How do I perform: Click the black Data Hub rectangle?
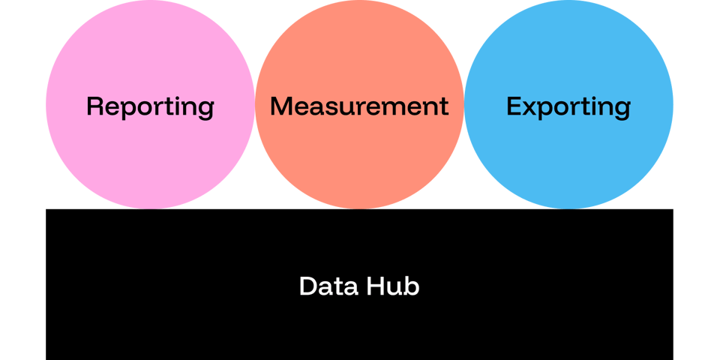(360, 322)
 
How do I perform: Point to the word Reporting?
(150, 106)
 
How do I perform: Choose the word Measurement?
(359, 106)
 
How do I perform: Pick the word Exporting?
(568, 106)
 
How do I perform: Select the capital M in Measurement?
(282, 106)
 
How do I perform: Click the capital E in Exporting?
(514, 106)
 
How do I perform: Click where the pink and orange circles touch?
(255, 104)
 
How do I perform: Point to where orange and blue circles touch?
(464, 104)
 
